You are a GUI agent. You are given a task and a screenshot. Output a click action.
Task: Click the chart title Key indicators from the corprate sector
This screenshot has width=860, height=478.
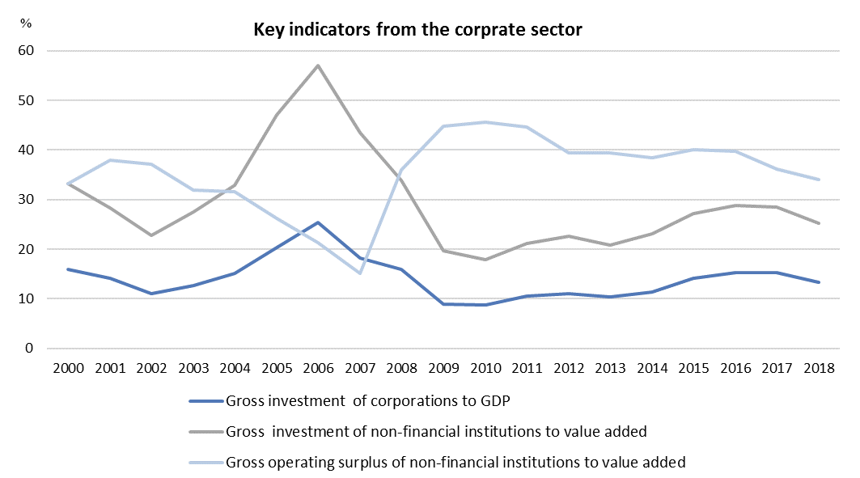418,31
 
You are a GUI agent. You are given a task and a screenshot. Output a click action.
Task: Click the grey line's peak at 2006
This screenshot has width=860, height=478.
318,66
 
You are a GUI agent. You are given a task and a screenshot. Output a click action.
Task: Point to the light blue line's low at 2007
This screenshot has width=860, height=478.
359,273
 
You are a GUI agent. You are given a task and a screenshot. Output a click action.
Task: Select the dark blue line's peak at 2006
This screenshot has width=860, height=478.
318,222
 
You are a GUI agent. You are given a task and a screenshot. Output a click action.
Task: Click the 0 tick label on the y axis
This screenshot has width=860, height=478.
32,349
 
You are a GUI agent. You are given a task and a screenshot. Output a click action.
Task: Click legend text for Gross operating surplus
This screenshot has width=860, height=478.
456,462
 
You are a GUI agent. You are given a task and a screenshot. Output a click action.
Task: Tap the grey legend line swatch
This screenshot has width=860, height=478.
205,432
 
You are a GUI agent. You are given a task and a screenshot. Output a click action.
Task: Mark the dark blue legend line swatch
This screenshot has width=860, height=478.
205,401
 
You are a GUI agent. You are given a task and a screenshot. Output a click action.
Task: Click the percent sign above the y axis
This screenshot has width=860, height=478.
26,22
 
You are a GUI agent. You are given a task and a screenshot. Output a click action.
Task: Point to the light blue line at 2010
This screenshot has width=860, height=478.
484,122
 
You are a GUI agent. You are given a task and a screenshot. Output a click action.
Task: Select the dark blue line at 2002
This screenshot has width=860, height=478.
150,294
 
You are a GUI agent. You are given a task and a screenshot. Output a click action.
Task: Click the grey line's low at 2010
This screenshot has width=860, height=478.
484,260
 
